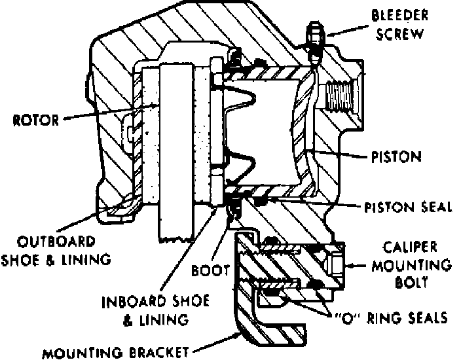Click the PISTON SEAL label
tap(409, 207)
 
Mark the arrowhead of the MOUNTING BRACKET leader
tap(240, 333)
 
